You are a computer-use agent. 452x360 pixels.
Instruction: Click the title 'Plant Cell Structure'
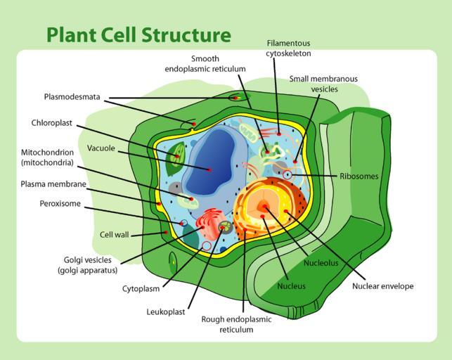(x=138, y=35)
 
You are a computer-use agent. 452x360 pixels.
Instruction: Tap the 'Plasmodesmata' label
(x=72, y=97)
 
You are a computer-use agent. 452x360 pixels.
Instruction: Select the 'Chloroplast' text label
(x=51, y=123)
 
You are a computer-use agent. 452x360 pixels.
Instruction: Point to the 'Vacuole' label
(x=101, y=148)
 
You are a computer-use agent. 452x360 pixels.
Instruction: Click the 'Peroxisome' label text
(x=60, y=203)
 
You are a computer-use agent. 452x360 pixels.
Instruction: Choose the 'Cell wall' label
(x=114, y=234)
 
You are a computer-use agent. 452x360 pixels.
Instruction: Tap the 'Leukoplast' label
(x=166, y=312)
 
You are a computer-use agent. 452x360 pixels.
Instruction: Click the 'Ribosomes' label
(x=359, y=176)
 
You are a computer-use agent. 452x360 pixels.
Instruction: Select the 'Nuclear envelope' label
(x=383, y=286)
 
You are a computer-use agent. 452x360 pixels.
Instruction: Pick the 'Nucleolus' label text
(x=321, y=263)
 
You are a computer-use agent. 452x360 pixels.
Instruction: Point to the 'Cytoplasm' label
(x=141, y=288)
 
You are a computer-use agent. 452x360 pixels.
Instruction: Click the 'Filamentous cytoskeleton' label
(x=288, y=48)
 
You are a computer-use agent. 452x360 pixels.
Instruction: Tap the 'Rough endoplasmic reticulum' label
(x=236, y=324)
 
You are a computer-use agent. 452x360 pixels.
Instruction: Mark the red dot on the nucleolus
(x=264, y=206)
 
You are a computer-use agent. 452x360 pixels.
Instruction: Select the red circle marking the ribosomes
(x=287, y=174)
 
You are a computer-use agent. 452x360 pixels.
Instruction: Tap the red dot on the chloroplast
(x=177, y=157)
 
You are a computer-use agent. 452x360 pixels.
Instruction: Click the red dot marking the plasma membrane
(x=159, y=203)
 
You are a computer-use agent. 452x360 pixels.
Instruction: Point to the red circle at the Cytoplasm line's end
(x=207, y=246)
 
